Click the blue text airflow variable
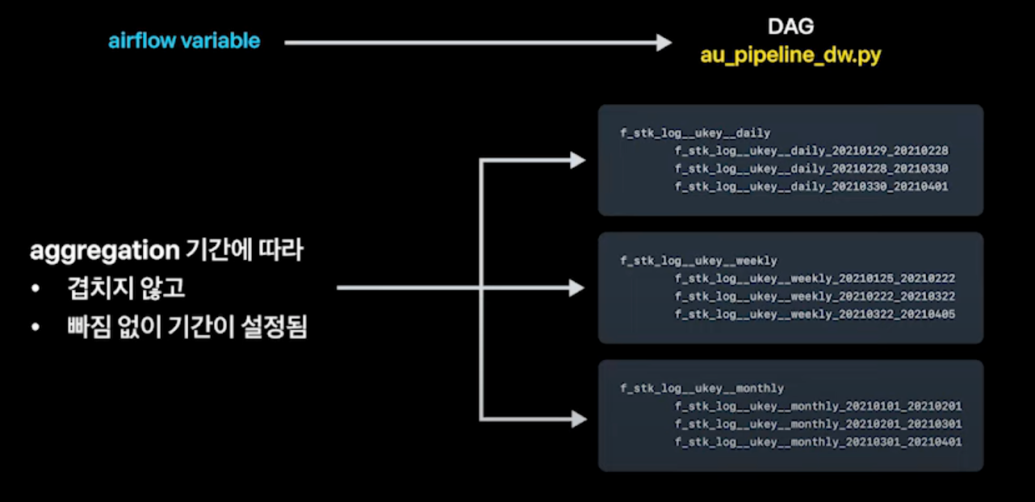184,40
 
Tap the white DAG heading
790,27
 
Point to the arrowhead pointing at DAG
663,42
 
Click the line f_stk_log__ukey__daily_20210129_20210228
811,151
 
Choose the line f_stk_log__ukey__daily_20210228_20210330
811,169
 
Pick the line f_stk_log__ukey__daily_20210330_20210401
811,186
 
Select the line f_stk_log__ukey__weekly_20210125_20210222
815,278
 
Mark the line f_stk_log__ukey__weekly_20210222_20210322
815,296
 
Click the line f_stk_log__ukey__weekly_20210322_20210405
815,314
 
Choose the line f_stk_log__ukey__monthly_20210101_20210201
818,406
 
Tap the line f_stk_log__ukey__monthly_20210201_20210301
818,424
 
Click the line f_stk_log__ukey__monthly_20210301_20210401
818,441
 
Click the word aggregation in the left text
104,251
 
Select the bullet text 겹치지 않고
127,289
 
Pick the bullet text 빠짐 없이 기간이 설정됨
187,328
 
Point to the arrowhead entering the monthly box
577,419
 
